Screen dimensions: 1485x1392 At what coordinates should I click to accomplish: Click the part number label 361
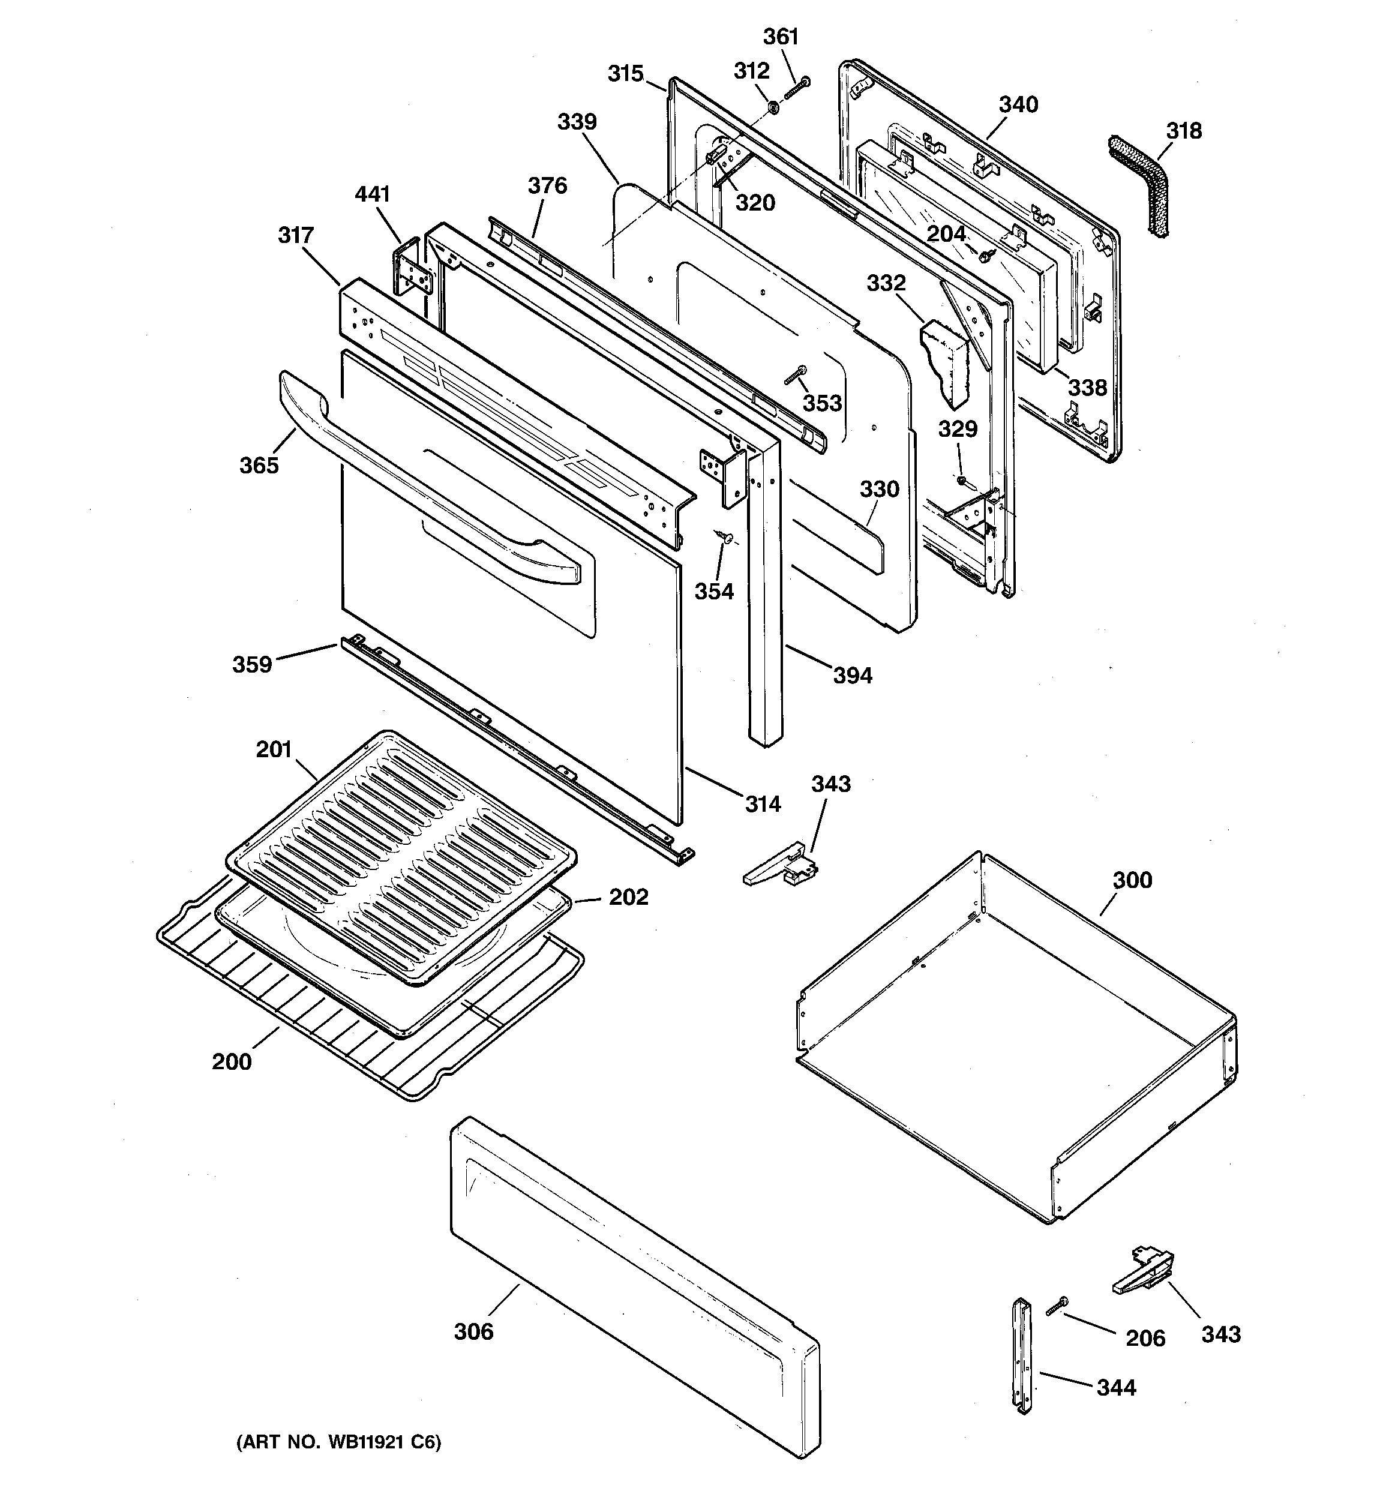point(781,37)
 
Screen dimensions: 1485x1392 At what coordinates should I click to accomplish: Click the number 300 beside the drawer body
point(1132,880)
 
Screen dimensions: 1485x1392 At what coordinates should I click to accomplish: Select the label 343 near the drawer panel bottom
point(1220,1334)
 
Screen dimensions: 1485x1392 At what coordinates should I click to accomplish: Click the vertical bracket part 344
point(1022,1366)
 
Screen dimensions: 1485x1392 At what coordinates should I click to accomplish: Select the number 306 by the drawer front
point(474,1332)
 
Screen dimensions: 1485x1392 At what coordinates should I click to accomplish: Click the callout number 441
point(372,194)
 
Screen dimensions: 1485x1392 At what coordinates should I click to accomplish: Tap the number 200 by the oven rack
point(232,1061)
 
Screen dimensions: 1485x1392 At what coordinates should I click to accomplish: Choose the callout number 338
point(1087,387)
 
